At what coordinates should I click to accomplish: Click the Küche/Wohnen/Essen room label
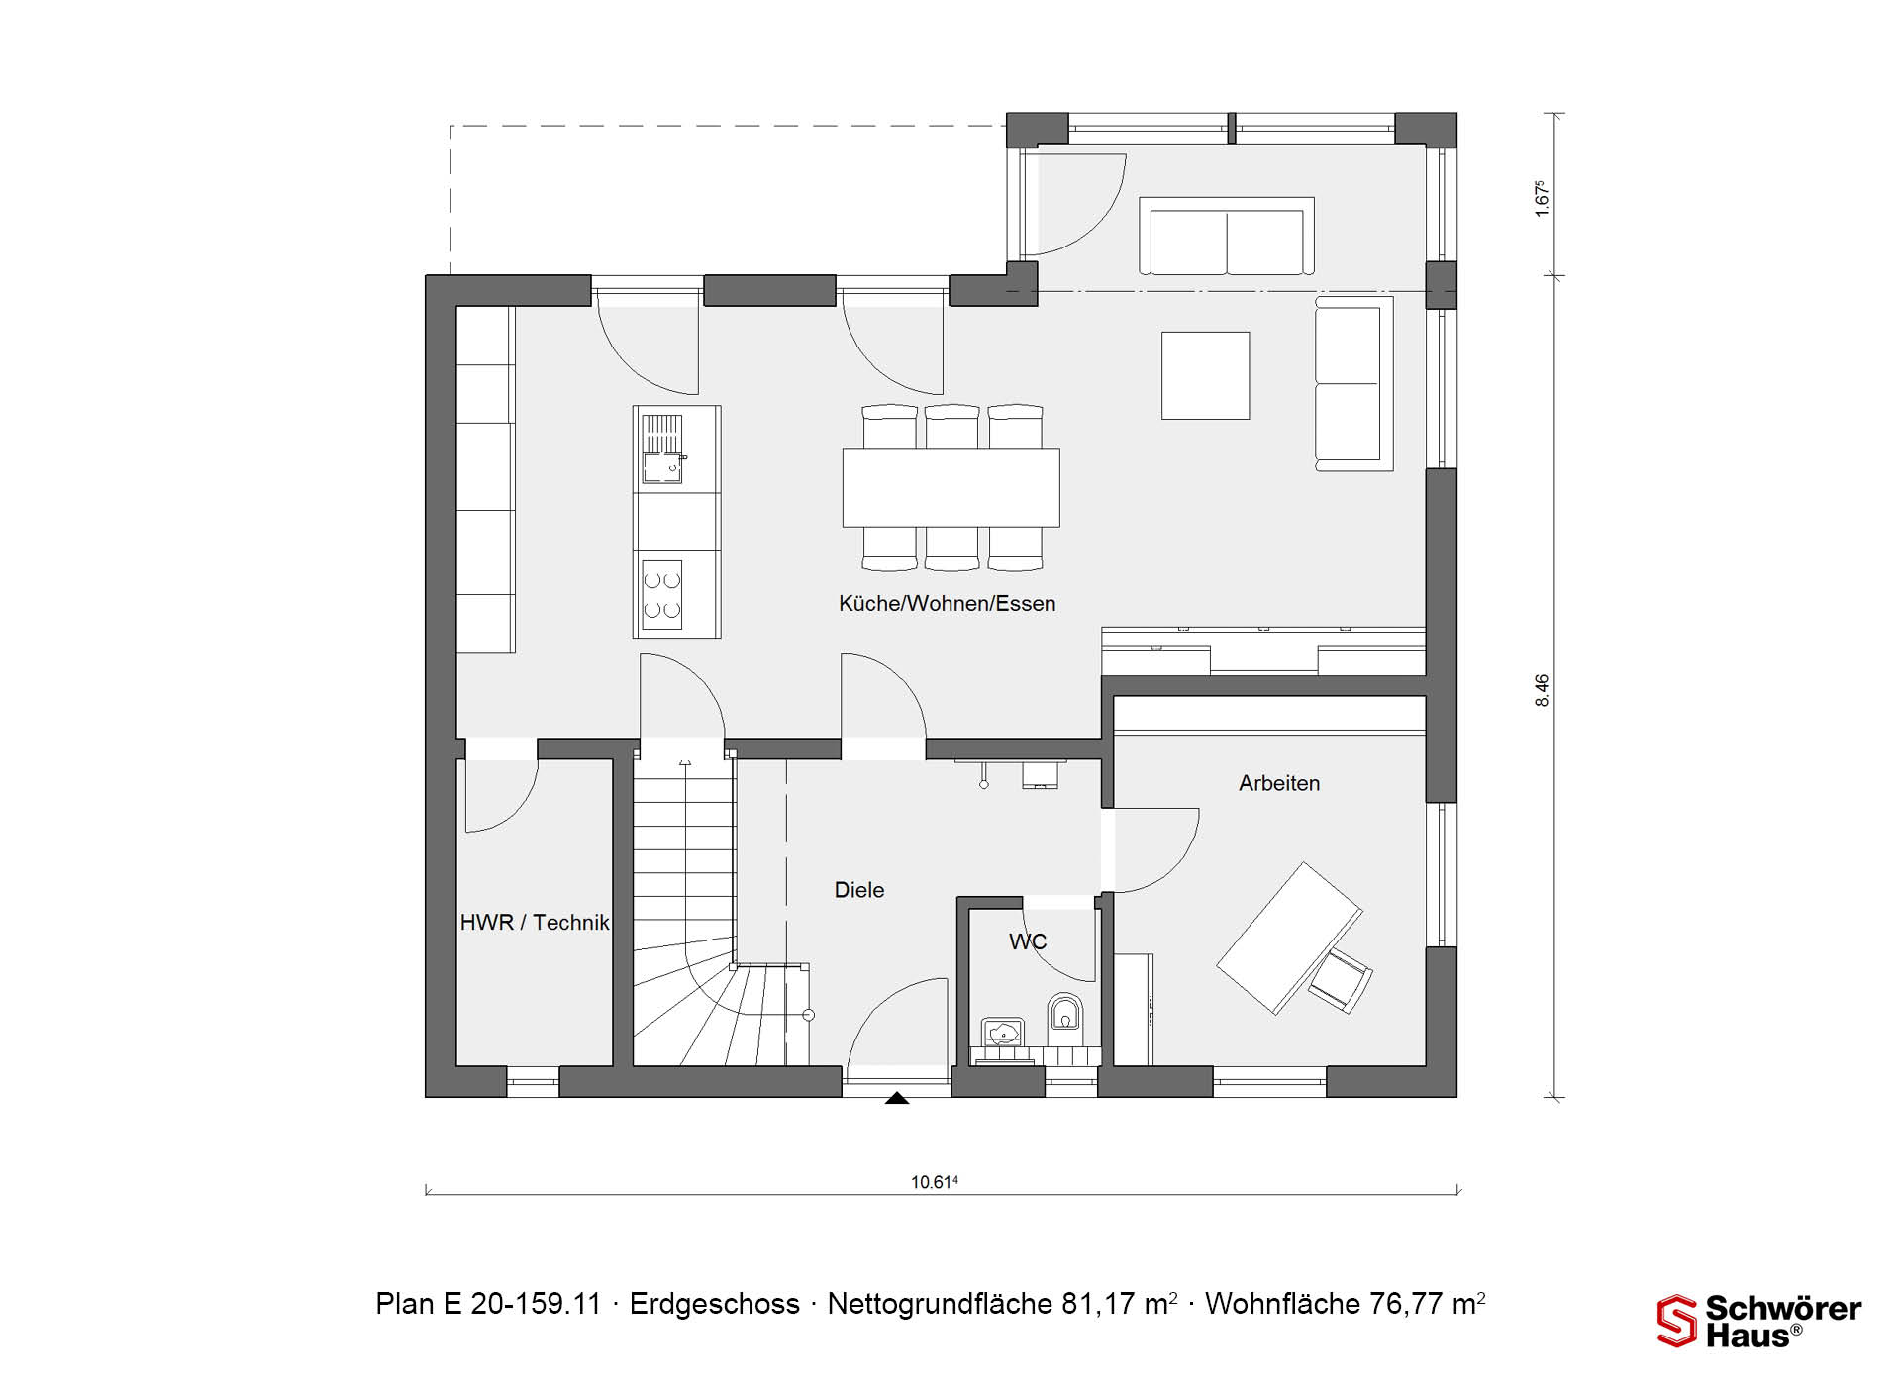point(947,604)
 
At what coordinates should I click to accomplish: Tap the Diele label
point(859,890)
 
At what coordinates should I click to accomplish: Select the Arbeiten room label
point(1279,783)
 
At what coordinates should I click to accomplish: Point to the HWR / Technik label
point(535,923)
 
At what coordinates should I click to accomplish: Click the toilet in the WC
point(1065,1015)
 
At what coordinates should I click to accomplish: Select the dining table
point(950,488)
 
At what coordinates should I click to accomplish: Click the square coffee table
point(1205,375)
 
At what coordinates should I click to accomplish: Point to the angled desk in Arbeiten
point(1289,938)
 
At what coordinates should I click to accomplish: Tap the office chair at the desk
point(1341,980)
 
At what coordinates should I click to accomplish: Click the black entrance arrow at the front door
point(897,1097)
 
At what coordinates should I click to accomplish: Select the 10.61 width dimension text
point(935,1181)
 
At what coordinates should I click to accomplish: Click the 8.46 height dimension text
point(1542,690)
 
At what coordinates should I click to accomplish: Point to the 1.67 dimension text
point(1541,198)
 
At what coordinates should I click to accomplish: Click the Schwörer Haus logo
point(1759,1322)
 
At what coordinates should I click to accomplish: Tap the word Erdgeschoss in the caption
point(714,1304)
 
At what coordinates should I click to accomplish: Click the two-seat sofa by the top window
point(1228,237)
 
